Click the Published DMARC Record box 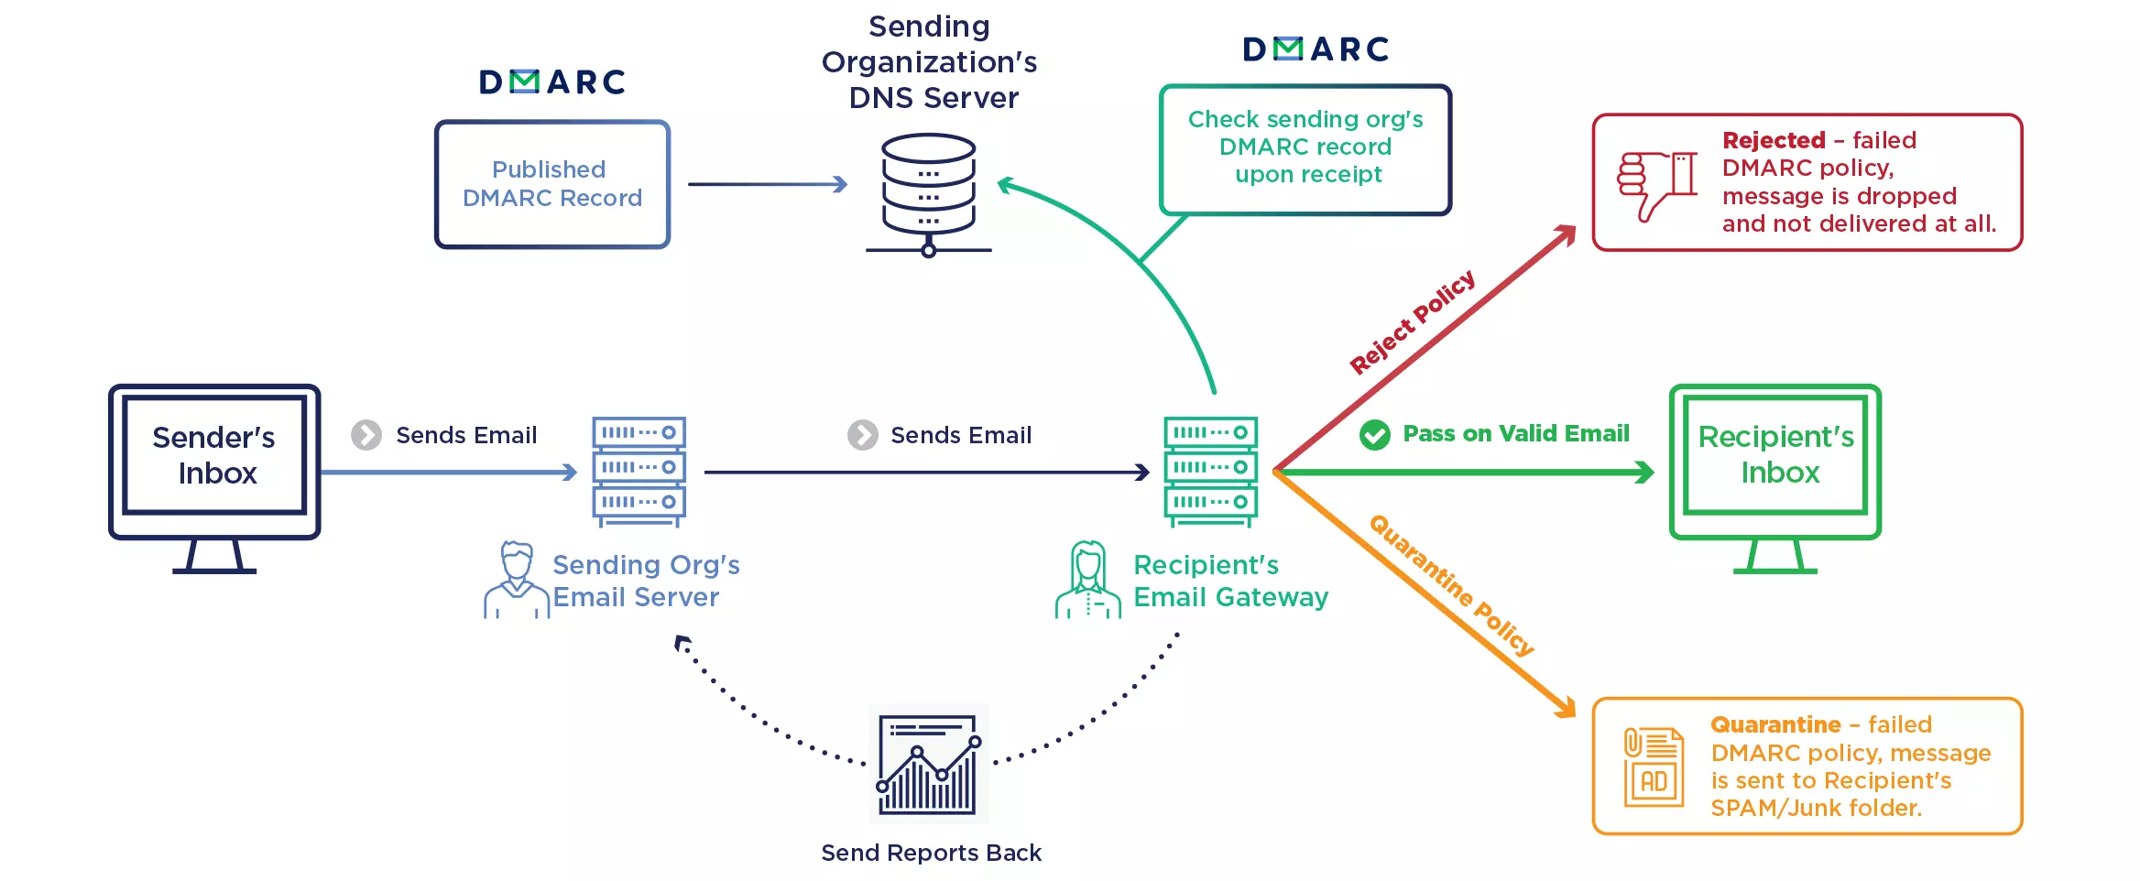[552, 184]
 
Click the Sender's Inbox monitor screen [214, 455]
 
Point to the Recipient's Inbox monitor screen [1775, 455]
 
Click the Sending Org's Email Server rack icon [639, 472]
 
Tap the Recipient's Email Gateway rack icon [1211, 472]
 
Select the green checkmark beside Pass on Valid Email [1374, 435]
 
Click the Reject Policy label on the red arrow [1412, 321]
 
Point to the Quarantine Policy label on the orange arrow [1452, 585]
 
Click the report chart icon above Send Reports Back [929, 764]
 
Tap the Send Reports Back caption [931, 853]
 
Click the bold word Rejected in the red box [1774, 140]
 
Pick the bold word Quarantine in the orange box [1775, 724]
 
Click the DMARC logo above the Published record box [552, 82]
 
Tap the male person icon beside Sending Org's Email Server [517, 580]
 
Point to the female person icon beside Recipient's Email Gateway [1088, 580]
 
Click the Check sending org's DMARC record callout [1305, 149]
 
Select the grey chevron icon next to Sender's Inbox [366, 435]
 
